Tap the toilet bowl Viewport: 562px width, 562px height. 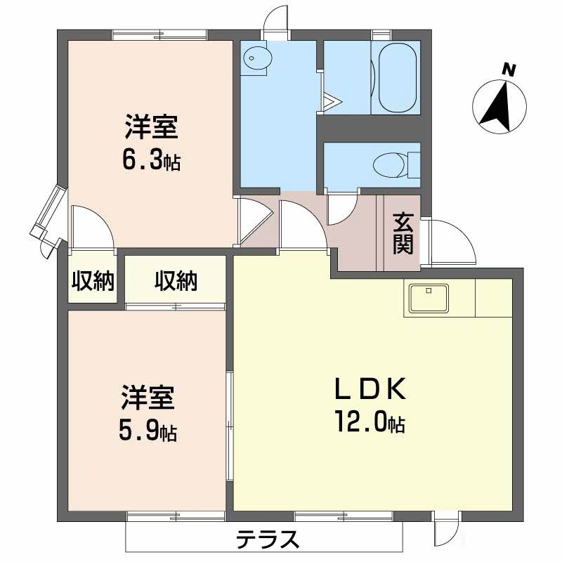[389, 165]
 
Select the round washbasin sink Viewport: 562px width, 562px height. [257, 58]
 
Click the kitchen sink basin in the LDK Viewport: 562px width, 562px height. [429, 298]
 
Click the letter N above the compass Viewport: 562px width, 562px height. [508, 69]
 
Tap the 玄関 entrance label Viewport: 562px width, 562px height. [403, 233]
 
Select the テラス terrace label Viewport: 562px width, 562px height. [268, 539]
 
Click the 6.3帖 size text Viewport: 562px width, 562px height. [150, 162]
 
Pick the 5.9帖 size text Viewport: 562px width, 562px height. [148, 432]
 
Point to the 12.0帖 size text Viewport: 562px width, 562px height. [370, 423]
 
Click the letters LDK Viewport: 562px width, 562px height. [370, 388]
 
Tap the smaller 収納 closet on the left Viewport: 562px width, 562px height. [93, 280]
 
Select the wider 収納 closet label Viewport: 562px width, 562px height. [176, 280]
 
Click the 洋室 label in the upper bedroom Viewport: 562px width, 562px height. [151, 126]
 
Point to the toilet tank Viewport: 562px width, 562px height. [413, 165]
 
